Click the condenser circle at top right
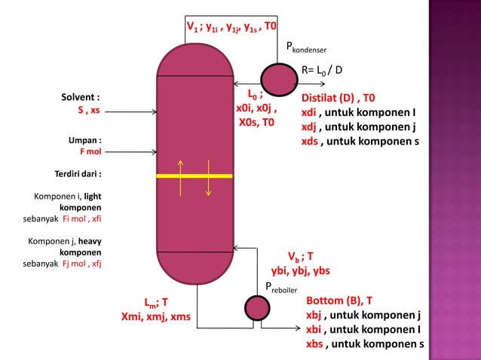click(x=277, y=78)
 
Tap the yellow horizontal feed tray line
click(x=195, y=175)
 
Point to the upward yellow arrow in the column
click(x=181, y=177)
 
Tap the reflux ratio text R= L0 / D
click(x=322, y=70)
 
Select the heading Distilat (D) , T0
click(x=339, y=98)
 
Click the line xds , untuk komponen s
click(x=360, y=141)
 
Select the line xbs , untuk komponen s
click(x=364, y=344)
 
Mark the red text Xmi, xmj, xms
click(x=156, y=317)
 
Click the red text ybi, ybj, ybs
click(x=300, y=270)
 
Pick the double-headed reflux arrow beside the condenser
click(x=247, y=84)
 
